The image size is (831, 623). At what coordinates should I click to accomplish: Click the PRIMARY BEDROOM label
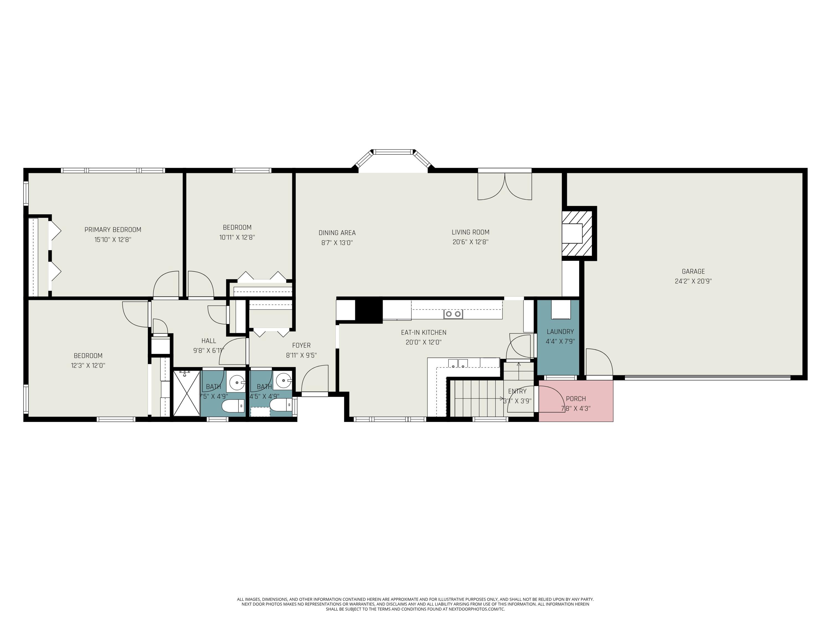tap(113, 230)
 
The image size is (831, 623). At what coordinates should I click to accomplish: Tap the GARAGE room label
tap(693, 272)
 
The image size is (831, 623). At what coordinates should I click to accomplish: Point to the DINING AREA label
tap(337, 233)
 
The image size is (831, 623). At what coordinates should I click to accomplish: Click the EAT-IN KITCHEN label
tap(423, 332)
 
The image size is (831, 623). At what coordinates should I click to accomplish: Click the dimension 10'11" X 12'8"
tap(237, 237)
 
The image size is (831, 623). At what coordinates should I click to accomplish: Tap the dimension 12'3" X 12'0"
tap(88, 365)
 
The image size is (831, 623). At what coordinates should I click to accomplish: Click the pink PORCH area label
tap(576, 399)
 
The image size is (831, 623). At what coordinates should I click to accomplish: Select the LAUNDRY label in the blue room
tap(560, 332)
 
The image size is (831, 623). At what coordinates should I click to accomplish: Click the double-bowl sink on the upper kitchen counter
tap(453, 314)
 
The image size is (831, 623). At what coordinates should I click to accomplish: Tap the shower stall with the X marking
tap(187, 393)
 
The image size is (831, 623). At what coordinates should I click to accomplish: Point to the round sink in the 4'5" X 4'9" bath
tap(283, 381)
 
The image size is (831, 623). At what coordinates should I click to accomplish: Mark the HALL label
tap(209, 341)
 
